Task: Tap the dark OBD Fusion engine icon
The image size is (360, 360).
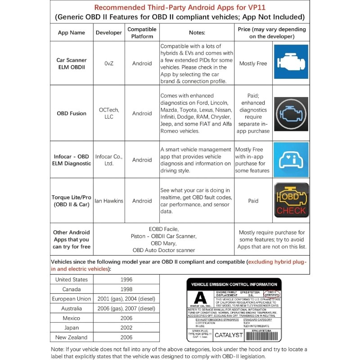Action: coord(291,113)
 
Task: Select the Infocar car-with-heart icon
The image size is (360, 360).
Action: coord(291,159)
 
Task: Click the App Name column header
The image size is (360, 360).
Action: coord(71,33)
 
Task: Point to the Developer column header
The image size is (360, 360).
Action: coord(108,33)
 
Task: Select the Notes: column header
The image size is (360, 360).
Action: coord(196,33)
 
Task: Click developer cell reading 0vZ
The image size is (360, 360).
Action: coord(108,63)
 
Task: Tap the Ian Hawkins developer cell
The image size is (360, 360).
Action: coord(108,201)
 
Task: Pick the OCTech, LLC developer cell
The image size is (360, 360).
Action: coord(108,113)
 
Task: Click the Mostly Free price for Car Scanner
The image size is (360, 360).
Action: coord(253,63)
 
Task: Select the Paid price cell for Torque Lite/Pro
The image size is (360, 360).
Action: coord(253,201)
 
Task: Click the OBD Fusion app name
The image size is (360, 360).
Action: coord(71,113)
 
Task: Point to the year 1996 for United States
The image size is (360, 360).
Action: coord(126,279)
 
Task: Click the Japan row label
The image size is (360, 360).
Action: coord(71,328)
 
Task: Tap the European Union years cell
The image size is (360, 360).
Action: coord(126,299)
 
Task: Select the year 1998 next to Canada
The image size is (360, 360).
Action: coord(126,289)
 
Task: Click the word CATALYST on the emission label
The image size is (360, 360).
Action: coord(229,335)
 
